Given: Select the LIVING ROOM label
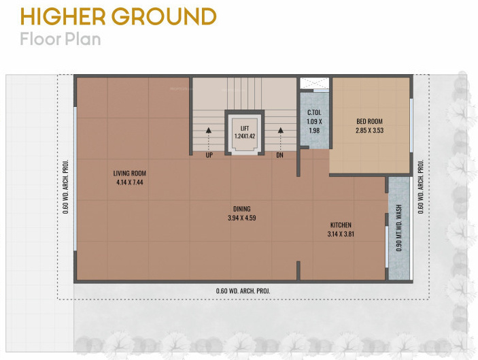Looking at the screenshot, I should (x=130, y=173).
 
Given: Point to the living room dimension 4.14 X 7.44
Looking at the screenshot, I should (x=130, y=182).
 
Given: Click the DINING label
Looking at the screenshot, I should (x=241, y=209).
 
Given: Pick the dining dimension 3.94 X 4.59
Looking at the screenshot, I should (x=241, y=218).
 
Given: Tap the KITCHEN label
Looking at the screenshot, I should (x=341, y=225).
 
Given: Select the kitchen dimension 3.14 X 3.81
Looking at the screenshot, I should (x=341, y=235).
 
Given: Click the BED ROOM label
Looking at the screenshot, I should (x=371, y=122).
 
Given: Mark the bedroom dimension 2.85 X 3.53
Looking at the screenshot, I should (x=371, y=131).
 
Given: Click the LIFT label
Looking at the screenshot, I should (x=244, y=127).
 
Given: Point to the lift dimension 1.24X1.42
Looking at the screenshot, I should (x=244, y=136).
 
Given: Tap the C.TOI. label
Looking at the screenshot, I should (x=314, y=112).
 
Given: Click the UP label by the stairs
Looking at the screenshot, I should (x=209, y=155).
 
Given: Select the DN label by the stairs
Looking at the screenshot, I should (x=279, y=155).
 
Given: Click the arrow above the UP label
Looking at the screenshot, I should (x=209, y=133).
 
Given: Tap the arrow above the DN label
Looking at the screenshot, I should (x=279, y=133).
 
